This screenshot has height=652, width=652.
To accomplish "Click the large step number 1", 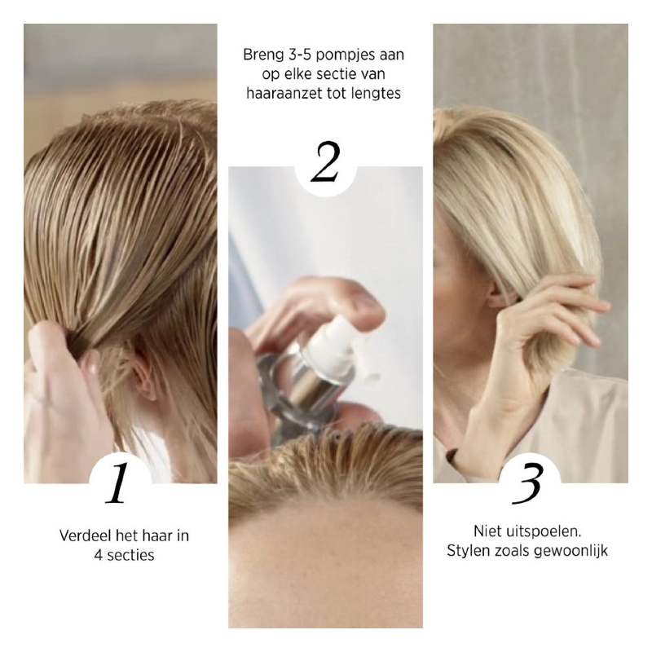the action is pyautogui.click(x=117, y=482).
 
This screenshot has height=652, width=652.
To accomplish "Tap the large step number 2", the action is pyautogui.click(x=325, y=161).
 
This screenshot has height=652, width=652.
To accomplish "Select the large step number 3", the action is pyautogui.click(x=528, y=483).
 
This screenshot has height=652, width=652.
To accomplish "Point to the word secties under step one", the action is pyautogui.click(x=130, y=555).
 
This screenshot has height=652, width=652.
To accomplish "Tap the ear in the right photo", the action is pyautogui.click(x=498, y=293).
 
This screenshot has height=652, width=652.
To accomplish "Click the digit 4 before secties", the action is pyautogui.click(x=98, y=556).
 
